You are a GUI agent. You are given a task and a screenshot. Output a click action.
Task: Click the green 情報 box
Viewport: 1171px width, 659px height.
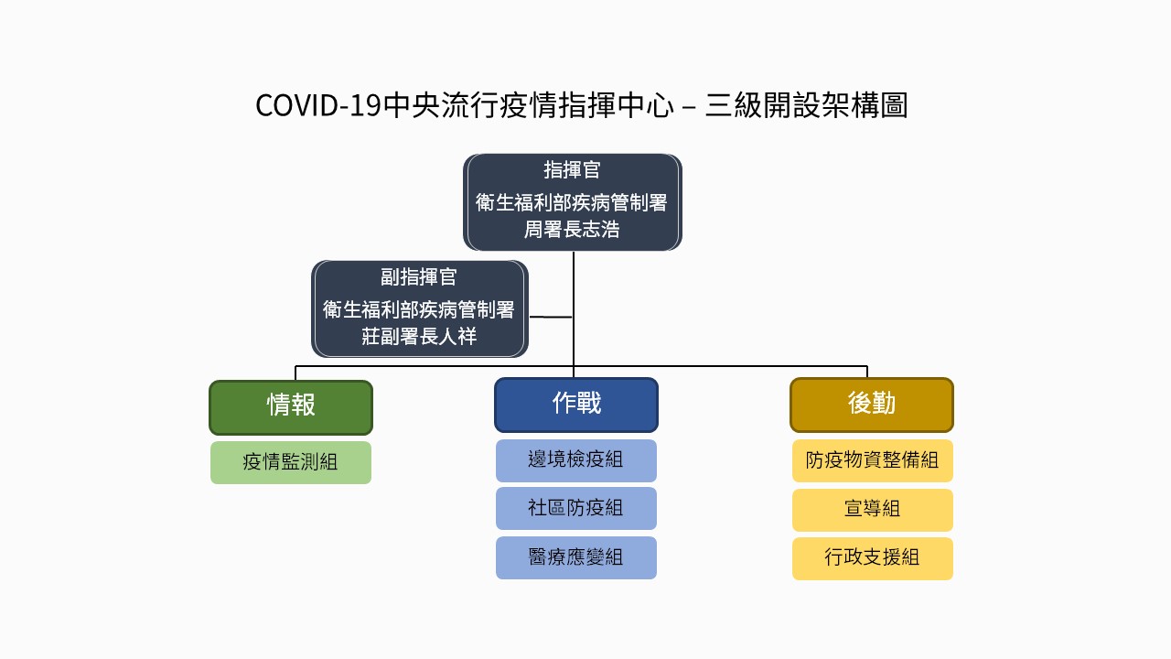(x=291, y=407)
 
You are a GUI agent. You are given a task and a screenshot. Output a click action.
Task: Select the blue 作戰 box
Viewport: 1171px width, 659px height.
(x=576, y=405)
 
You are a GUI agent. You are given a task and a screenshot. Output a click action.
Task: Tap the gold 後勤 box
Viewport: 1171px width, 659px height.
(x=872, y=405)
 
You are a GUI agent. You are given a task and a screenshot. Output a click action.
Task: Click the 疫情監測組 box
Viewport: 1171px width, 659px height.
(x=291, y=462)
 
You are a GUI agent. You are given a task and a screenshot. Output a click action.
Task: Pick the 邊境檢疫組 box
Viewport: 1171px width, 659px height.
(x=576, y=460)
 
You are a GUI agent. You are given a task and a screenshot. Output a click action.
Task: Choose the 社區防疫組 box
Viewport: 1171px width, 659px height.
(x=576, y=509)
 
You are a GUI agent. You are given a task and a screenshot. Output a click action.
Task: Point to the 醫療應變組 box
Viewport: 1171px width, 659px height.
(x=576, y=557)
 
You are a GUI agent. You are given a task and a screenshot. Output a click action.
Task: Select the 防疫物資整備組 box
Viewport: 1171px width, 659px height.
(x=873, y=460)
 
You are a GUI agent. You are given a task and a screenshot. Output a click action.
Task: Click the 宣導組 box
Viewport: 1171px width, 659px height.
(x=873, y=510)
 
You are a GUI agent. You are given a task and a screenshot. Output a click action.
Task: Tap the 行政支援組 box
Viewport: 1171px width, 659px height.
(x=873, y=558)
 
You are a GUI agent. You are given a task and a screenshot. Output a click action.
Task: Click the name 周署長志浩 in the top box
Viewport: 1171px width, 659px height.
(x=572, y=230)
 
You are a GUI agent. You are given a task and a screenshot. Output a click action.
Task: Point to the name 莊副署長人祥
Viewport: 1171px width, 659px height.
(x=419, y=336)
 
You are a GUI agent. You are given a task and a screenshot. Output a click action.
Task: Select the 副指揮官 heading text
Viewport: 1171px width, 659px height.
(x=419, y=276)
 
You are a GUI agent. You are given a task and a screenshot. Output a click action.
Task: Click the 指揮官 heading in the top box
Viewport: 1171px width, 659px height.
(x=572, y=170)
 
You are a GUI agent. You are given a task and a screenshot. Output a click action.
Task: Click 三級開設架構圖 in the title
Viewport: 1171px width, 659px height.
(x=806, y=105)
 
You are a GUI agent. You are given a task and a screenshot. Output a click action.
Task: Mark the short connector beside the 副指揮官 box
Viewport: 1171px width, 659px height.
(x=551, y=317)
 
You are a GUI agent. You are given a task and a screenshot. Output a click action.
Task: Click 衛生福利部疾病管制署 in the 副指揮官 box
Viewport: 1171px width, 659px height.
(x=419, y=309)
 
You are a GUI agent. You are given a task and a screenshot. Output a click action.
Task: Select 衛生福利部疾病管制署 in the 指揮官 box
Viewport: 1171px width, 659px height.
(x=572, y=203)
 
